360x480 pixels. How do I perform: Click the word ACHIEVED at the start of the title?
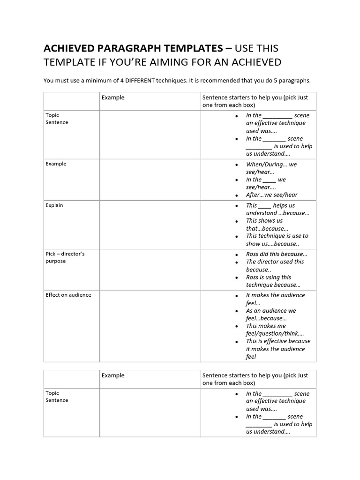(66, 48)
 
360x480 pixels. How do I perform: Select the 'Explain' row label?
(54, 205)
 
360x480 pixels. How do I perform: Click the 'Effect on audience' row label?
(68, 295)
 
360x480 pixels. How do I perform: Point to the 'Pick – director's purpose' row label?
(65, 257)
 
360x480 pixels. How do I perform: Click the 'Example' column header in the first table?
(113, 97)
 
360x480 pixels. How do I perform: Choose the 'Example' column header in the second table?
(113, 375)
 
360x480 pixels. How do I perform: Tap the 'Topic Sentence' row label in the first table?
(57, 119)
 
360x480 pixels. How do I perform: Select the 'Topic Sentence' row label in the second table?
(57, 397)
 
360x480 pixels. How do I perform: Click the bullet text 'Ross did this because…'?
(277, 254)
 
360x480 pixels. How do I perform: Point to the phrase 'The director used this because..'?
(275, 266)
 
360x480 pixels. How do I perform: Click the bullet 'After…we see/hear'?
(271, 195)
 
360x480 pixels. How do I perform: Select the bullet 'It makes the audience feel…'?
(275, 299)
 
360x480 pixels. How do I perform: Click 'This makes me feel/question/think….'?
(275, 330)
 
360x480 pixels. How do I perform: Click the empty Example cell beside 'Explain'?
(150, 225)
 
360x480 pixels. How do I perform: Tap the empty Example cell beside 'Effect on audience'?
(150, 326)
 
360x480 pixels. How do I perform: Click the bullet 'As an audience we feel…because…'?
(271, 315)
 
